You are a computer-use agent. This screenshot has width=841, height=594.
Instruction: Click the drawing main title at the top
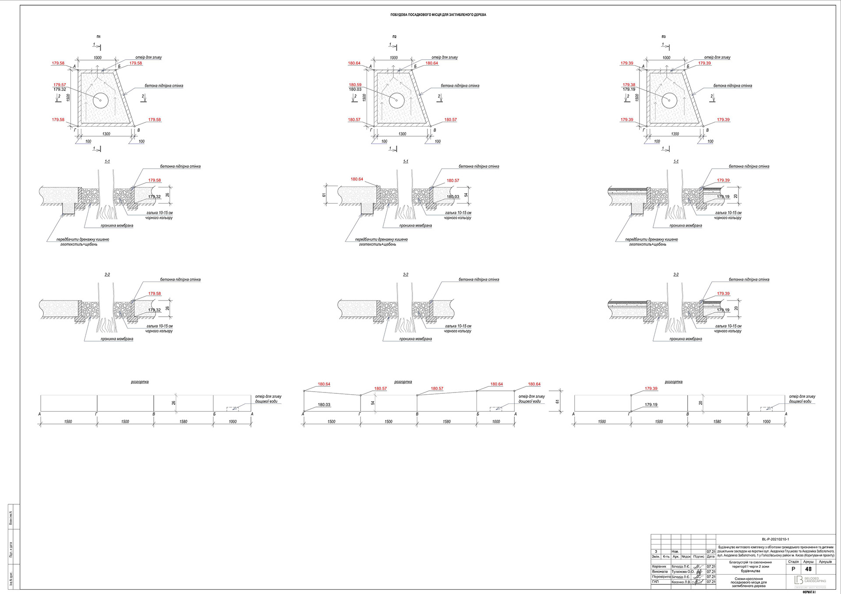click(438, 15)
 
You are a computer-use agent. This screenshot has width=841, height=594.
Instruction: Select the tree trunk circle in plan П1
click(100, 100)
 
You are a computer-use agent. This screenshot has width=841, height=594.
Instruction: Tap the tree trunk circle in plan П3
click(669, 100)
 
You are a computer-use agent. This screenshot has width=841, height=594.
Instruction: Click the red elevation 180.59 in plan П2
click(355, 85)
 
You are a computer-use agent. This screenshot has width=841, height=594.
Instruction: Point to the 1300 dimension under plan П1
click(106, 134)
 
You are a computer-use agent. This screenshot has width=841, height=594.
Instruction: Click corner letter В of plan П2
click(435, 130)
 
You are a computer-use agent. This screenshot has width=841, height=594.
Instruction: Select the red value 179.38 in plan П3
click(629, 85)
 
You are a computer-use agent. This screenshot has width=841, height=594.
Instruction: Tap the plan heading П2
click(395, 37)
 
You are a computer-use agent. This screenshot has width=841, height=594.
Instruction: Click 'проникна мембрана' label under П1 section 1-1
click(117, 226)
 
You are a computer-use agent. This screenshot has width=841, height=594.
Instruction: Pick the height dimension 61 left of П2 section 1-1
click(325, 195)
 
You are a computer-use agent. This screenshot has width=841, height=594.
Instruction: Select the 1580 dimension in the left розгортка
click(183, 422)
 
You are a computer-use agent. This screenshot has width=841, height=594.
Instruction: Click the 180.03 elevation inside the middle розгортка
click(324, 405)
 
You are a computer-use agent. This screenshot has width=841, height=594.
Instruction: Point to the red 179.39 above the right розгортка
click(651, 389)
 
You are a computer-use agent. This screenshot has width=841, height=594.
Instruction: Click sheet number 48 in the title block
click(808, 569)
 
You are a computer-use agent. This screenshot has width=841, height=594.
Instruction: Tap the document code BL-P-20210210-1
click(775, 539)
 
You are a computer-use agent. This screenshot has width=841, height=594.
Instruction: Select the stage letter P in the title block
click(793, 569)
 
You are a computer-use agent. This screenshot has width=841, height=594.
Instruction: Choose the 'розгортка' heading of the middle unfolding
click(403, 382)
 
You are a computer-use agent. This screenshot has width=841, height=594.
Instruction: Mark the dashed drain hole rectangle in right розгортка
click(766, 409)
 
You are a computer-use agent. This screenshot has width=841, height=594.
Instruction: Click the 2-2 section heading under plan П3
click(676, 275)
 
